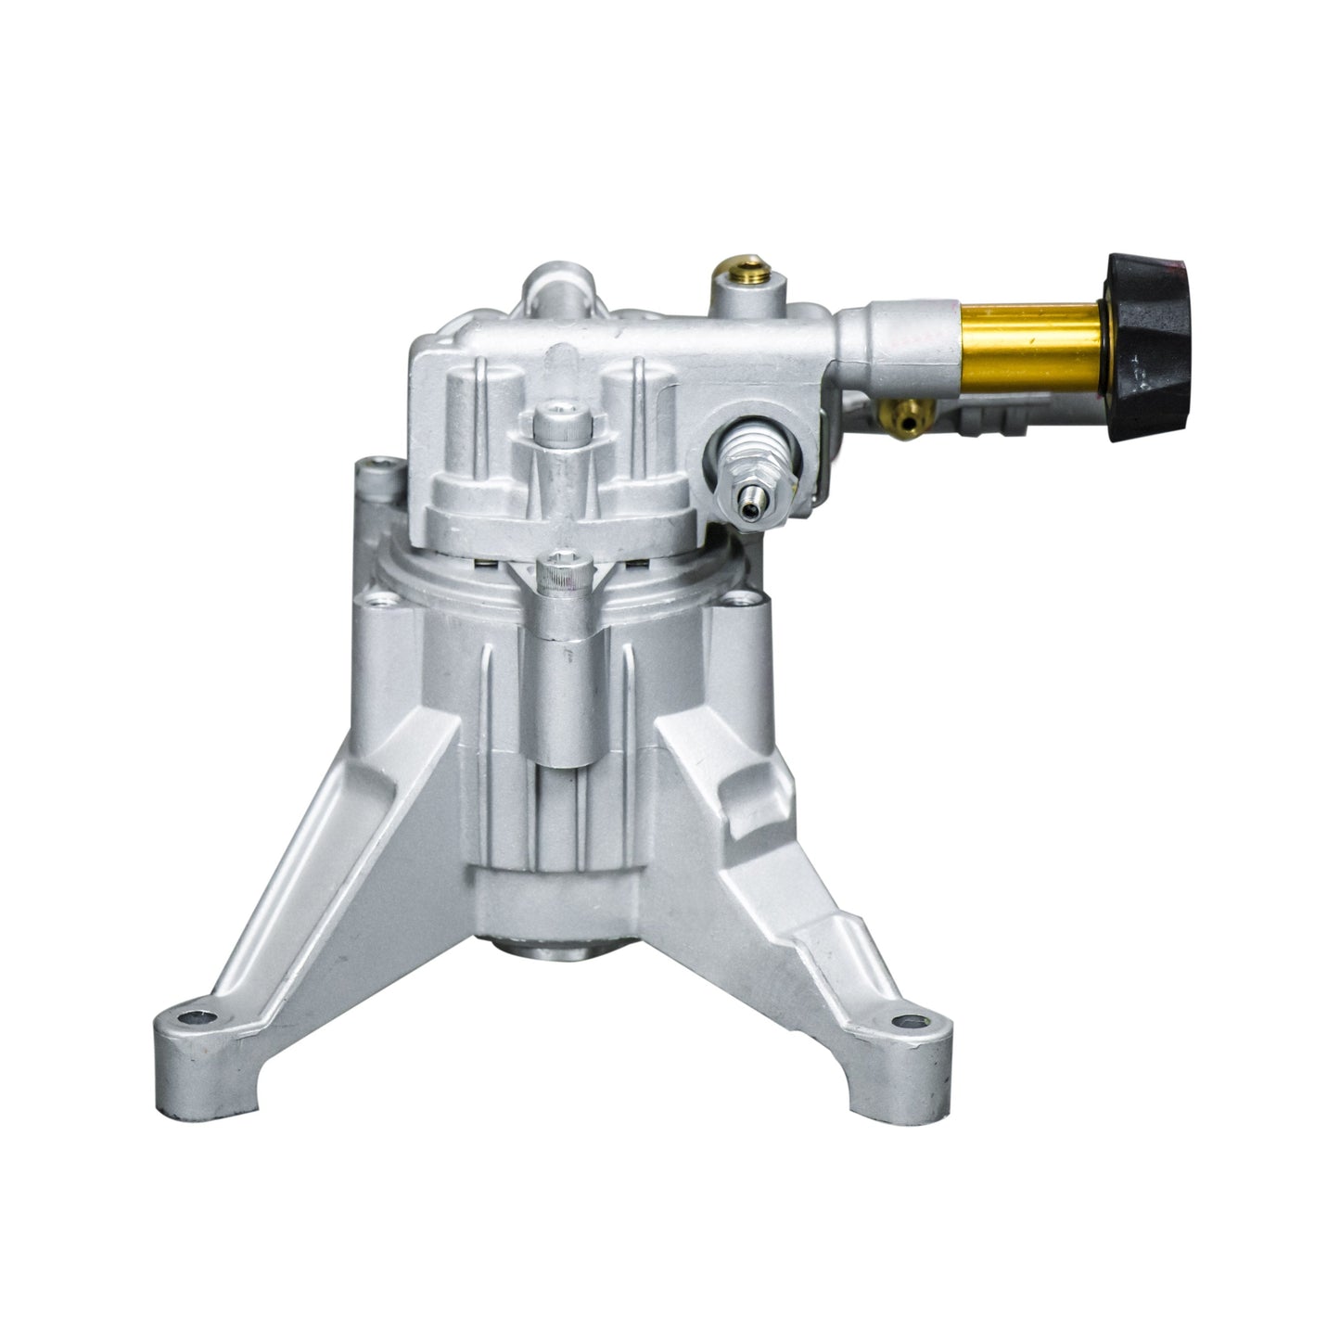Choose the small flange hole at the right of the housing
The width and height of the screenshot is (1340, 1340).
pyautogui.click(x=741, y=601)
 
